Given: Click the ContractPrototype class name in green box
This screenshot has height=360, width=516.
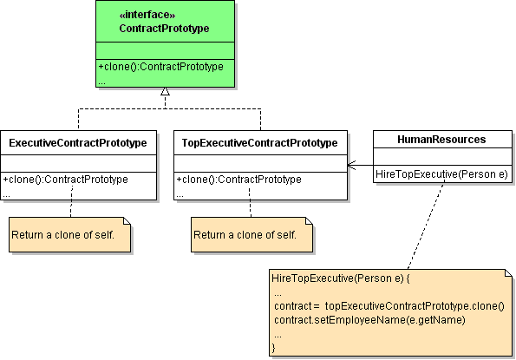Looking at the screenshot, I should point(164,29).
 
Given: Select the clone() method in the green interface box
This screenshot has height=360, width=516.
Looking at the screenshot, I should point(160,67).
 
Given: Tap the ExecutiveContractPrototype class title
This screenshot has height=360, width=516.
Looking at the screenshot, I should point(77,141).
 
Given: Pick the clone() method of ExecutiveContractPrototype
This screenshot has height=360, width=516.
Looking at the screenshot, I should point(66,180).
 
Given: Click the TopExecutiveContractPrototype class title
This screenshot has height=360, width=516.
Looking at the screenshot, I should point(260,141).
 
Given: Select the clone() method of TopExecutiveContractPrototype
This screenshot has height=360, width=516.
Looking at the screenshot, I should point(239,180).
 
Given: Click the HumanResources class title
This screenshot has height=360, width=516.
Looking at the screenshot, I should point(441,139).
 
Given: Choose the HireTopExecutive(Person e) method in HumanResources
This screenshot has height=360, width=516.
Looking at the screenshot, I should point(441,174).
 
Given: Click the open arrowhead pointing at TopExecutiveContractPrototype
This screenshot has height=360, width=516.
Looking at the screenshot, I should point(352,164).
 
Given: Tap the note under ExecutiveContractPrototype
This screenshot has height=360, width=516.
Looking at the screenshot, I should point(69,234).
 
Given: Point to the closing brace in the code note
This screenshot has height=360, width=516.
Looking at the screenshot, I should point(274,347).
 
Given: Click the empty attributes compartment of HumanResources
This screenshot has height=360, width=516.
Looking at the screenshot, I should point(441,158).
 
